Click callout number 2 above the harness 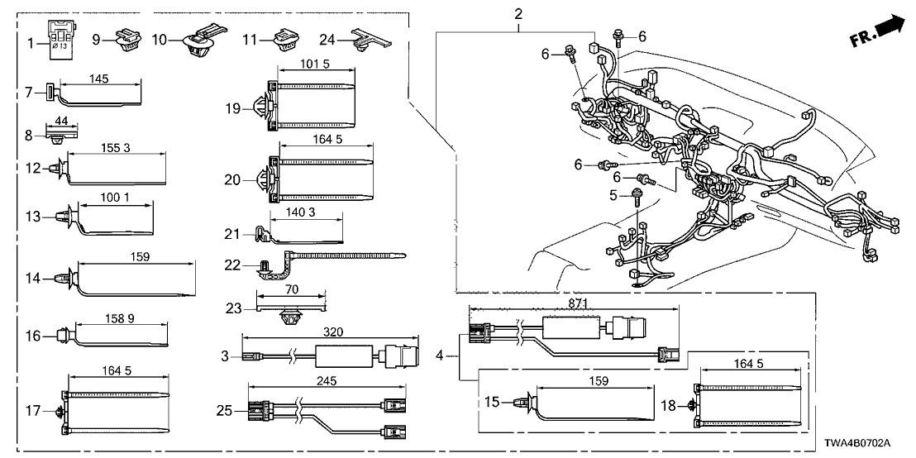(x=518, y=14)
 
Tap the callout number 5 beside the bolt (x=613, y=196)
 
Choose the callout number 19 (x=233, y=107)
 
